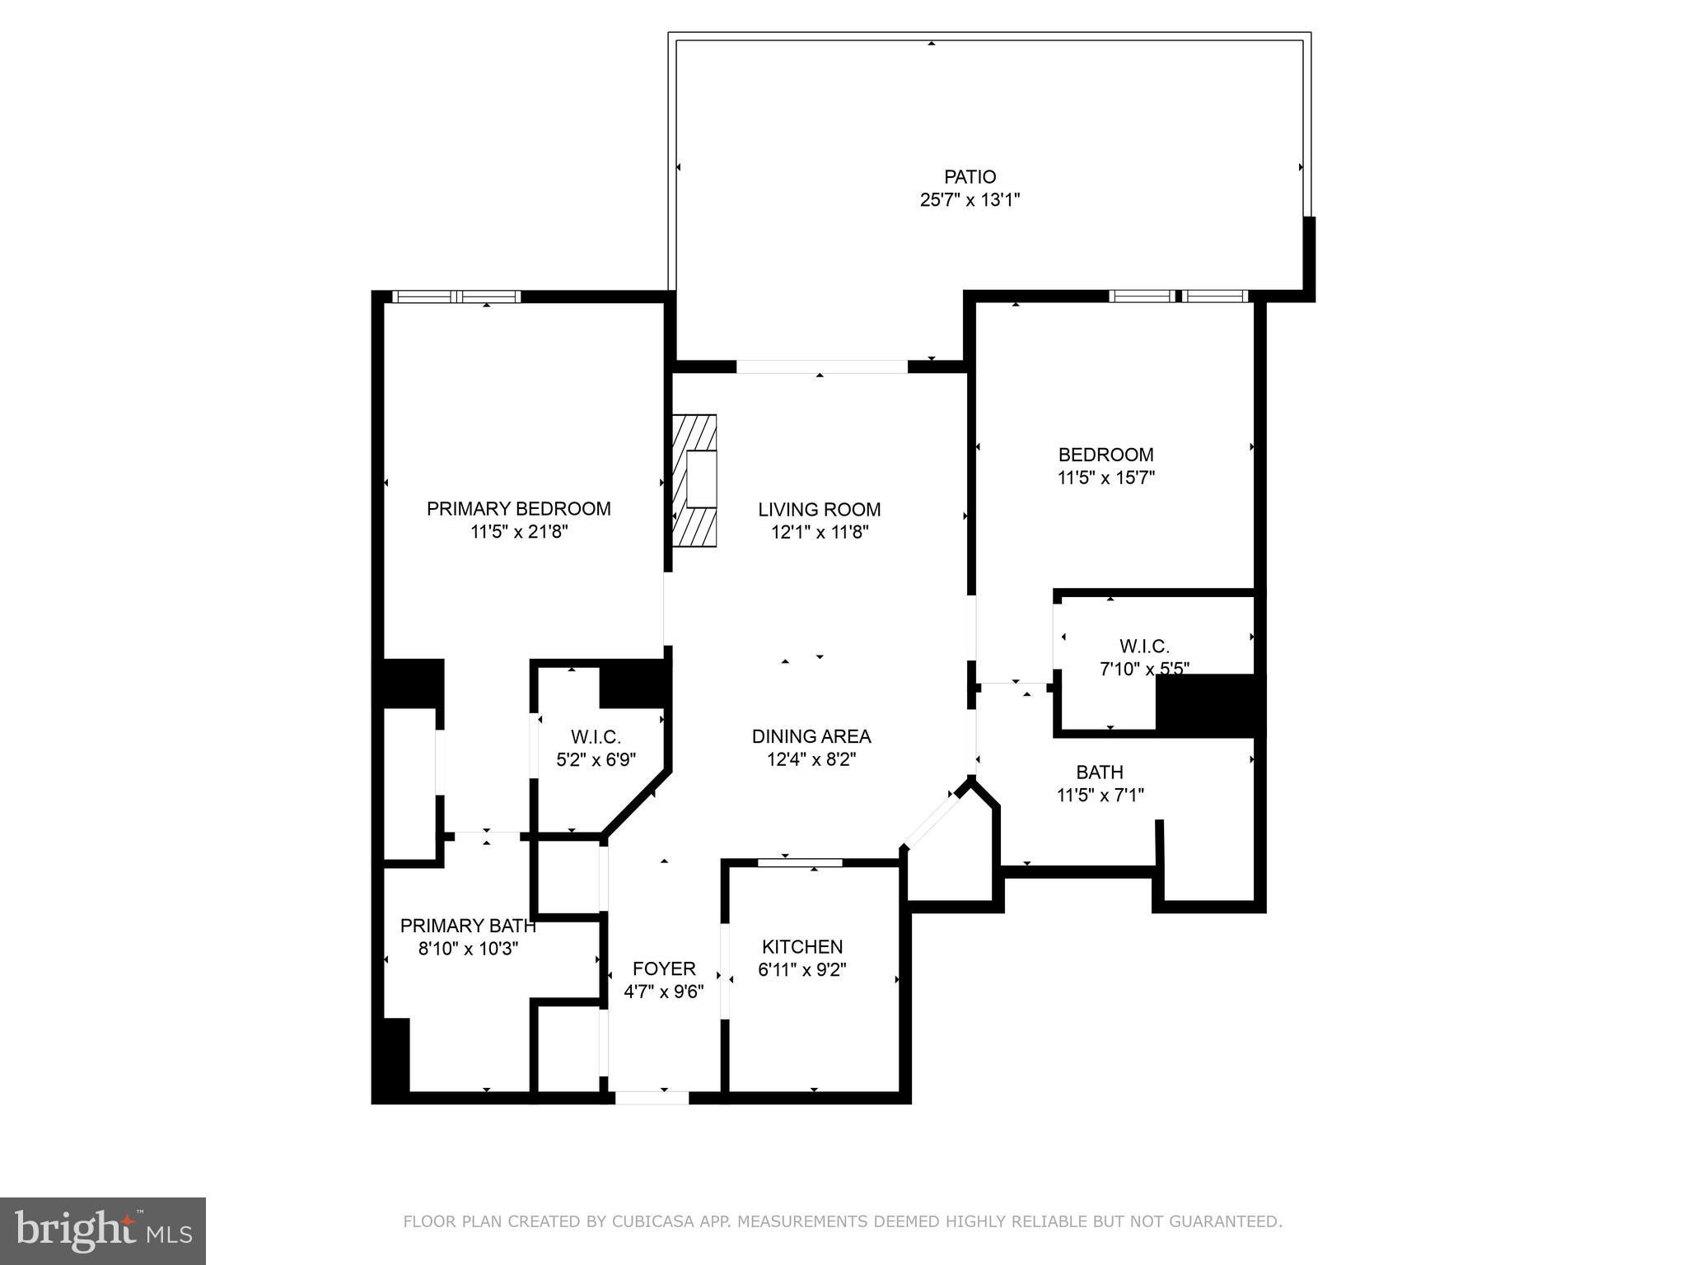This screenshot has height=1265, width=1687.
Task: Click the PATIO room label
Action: (970, 177)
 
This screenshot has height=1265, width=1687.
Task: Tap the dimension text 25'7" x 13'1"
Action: (970, 200)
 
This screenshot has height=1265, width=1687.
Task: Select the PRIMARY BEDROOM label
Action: (518, 509)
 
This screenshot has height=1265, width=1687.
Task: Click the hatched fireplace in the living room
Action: (694, 480)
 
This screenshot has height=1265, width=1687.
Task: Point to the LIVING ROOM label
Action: (819, 510)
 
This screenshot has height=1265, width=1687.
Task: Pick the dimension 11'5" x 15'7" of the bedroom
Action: (1105, 478)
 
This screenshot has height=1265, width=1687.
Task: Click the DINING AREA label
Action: (811, 736)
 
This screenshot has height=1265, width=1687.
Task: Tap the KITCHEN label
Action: (801, 947)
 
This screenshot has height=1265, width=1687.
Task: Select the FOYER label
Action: (663, 969)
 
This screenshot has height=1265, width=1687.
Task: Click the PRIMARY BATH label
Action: (467, 926)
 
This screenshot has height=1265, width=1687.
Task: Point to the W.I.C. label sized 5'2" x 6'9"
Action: (596, 737)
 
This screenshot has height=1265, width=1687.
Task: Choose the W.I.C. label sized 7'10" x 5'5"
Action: (1143, 647)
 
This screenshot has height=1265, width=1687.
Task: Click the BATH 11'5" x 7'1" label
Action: (1099, 773)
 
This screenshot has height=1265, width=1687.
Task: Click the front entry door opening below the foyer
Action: (651, 1097)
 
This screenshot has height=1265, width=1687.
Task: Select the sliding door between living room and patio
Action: (821, 366)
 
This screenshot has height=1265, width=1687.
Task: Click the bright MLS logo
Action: (102, 1230)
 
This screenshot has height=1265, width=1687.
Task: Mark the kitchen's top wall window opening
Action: (799, 862)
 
